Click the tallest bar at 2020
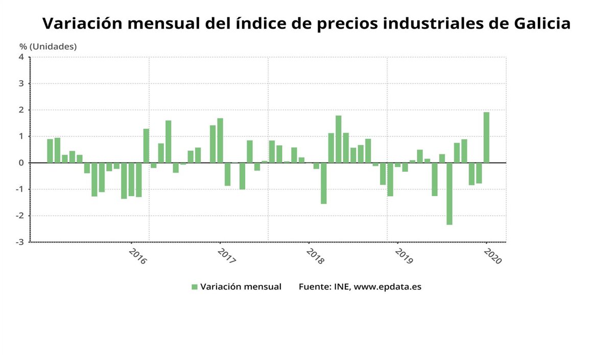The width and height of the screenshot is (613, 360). (486, 137)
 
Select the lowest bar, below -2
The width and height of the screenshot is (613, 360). (450, 194)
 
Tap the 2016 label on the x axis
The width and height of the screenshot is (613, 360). (138, 256)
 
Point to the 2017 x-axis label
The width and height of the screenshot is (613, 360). (226, 256)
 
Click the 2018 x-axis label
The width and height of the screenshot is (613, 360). (315, 256)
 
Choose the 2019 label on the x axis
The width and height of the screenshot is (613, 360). (404, 256)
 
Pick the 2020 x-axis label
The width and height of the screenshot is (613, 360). (493, 256)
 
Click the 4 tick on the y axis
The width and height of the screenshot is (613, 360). (21, 57)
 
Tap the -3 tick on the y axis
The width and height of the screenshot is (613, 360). (20, 242)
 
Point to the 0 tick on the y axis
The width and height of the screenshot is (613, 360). (21, 163)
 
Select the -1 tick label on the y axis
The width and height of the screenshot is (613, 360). (20, 189)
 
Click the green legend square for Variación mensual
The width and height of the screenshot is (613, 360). (195, 287)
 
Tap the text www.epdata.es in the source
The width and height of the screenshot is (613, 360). (388, 287)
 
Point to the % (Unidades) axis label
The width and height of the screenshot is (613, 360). (48, 46)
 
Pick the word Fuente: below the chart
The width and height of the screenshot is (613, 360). (314, 287)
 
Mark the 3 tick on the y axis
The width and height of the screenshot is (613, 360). (21, 84)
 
